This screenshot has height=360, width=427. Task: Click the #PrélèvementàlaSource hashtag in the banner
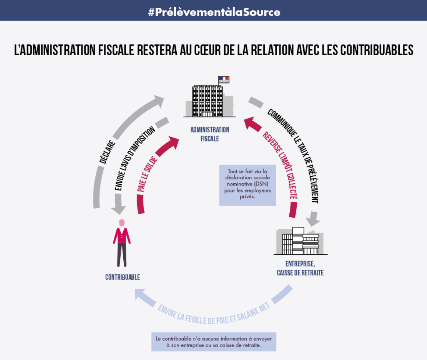click(x=214, y=12)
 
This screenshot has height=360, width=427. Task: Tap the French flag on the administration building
click(x=223, y=80)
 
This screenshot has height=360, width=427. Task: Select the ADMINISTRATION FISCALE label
click(x=209, y=134)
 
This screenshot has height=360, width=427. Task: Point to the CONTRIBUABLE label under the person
click(x=123, y=277)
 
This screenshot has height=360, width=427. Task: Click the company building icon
click(x=300, y=241)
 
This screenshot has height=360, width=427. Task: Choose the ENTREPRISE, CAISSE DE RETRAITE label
click(x=300, y=268)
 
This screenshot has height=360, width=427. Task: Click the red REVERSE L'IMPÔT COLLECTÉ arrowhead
click(x=251, y=123)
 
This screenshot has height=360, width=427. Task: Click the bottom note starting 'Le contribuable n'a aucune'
click(x=213, y=342)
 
